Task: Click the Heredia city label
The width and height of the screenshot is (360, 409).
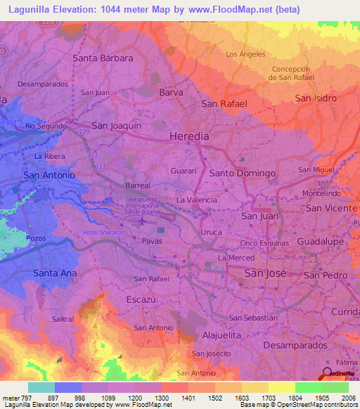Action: tap(190, 136)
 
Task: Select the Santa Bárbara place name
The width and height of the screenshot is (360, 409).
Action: tap(103, 58)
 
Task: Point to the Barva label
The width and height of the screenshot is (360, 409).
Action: tap(172, 92)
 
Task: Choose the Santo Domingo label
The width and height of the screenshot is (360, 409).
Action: tap(242, 173)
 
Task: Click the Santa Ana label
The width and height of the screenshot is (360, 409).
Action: tap(55, 273)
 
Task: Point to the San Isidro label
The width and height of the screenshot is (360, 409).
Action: tap(316, 98)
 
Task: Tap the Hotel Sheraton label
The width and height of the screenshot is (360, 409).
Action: tap(103, 233)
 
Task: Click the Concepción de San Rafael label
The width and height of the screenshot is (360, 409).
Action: tap(291, 73)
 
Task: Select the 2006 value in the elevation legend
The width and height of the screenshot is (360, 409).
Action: tap(348, 398)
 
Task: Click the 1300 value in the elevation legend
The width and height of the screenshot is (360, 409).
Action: tap(161, 398)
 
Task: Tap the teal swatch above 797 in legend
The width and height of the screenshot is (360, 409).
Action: tap(41, 387)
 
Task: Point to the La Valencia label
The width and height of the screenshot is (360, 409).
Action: tap(196, 200)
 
